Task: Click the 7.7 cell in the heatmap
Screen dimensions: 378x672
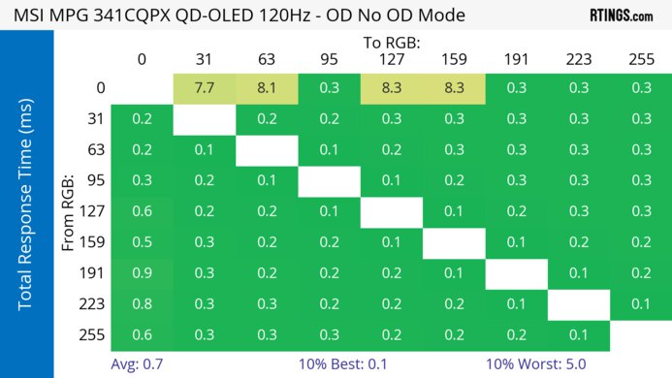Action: point(205,88)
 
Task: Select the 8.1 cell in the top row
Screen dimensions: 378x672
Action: point(267,88)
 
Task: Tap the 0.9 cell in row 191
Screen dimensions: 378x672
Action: point(142,274)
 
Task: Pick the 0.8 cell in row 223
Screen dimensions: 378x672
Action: point(142,305)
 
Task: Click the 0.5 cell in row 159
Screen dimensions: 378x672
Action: point(142,243)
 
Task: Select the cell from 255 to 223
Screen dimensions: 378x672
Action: point(579,335)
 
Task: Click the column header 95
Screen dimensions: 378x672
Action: point(329,60)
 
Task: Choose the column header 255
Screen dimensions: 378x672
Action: point(641,60)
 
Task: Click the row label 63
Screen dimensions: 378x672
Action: point(95,150)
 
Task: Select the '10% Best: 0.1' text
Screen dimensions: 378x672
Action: point(361,365)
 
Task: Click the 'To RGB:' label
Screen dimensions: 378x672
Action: point(391,43)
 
